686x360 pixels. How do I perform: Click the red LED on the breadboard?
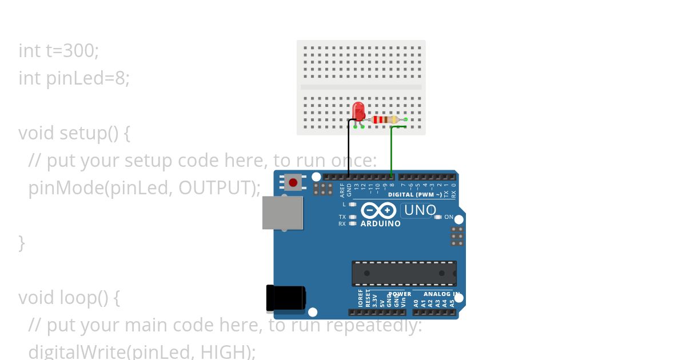(x=358, y=111)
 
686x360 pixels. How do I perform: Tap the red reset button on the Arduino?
(x=293, y=183)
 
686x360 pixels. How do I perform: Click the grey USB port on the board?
(x=282, y=213)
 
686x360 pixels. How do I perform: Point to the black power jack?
(x=286, y=298)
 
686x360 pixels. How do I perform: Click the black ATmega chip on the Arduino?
(x=404, y=273)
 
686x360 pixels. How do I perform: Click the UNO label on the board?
(x=420, y=210)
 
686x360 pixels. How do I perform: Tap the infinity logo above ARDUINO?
(x=378, y=210)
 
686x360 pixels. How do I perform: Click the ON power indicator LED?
(x=438, y=217)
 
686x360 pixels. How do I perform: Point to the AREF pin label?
(x=342, y=190)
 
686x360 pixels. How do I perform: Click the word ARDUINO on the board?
(x=380, y=224)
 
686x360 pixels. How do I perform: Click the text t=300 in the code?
(x=73, y=51)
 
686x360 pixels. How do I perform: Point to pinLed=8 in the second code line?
(x=87, y=78)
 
